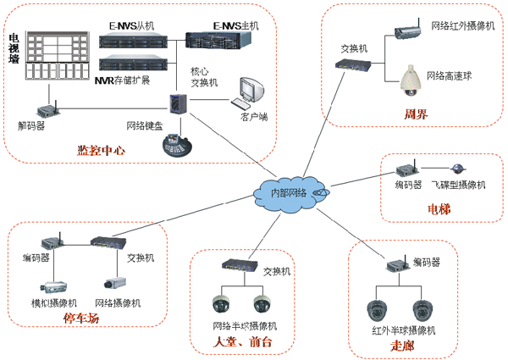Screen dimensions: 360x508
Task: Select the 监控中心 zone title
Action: click(102, 151)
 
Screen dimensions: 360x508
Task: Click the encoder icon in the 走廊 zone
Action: click(397, 267)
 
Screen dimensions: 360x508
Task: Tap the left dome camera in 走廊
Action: click(378, 308)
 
